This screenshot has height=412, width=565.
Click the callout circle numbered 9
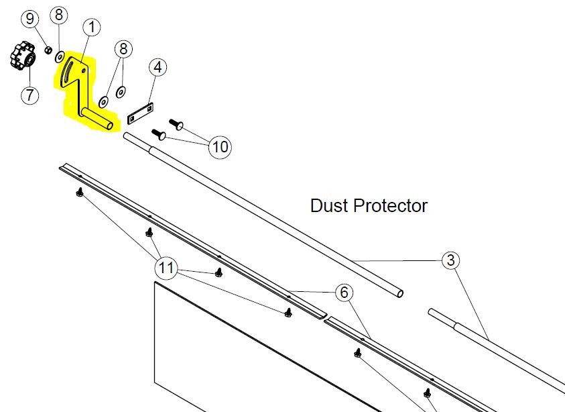(30, 18)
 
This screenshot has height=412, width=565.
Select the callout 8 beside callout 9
(59, 15)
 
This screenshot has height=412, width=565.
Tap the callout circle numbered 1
(92, 27)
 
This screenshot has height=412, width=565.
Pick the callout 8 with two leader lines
(123, 49)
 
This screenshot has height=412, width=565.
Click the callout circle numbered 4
(158, 67)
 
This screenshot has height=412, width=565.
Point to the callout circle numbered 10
(220, 147)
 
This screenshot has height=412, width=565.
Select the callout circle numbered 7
(29, 95)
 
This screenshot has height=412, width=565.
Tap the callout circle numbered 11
(166, 268)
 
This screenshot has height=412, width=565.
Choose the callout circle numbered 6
(344, 292)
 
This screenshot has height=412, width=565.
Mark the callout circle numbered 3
(451, 260)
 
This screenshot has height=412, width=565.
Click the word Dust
(329, 205)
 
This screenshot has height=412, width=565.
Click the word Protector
(390, 205)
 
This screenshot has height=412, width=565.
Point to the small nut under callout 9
(48, 49)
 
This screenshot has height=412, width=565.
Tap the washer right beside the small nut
(60, 56)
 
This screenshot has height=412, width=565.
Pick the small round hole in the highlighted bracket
(84, 71)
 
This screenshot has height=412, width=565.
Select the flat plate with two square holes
(141, 113)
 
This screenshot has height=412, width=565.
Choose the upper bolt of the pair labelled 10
(176, 123)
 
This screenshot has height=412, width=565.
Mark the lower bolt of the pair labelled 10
(159, 134)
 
